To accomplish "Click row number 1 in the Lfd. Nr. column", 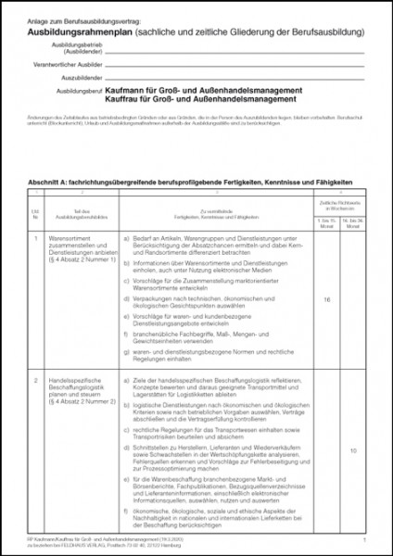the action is tap(35, 238).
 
